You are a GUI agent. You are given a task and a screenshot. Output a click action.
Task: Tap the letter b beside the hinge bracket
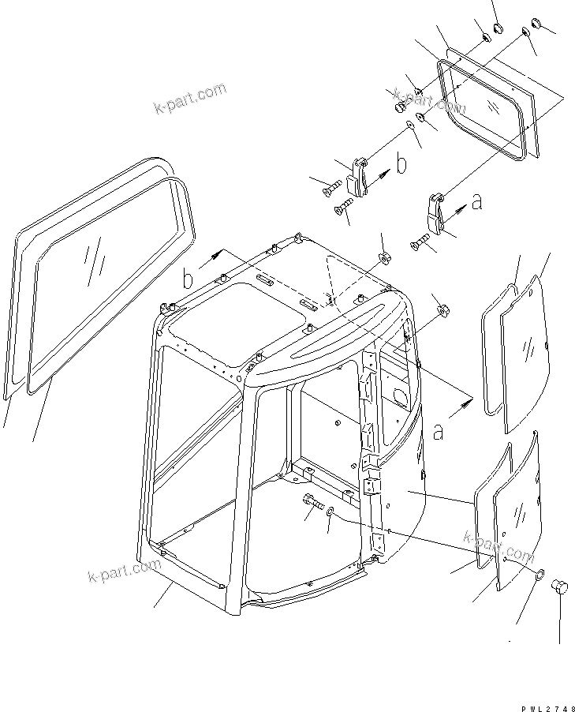click(401, 166)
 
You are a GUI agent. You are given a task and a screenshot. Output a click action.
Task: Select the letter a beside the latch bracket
click(476, 204)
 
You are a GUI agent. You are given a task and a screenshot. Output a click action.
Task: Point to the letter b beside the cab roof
click(188, 279)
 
